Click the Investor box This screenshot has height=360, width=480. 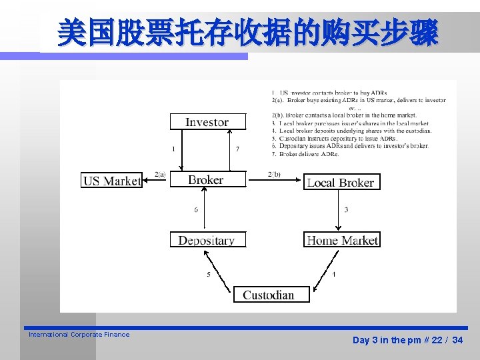click(x=207, y=122)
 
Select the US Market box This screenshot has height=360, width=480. click(x=112, y=181)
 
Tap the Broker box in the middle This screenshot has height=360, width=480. click(x=207, y=180)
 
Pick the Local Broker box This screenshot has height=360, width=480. click(x=341, y=182)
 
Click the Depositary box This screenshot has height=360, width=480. click(x=207, y=240)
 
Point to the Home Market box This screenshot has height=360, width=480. click(x=342, y=240)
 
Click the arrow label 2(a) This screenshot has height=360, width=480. click(x=160, y=173)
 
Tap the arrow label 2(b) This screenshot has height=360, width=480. click(x=274, y=173)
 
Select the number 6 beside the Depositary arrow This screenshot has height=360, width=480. click(x=196, y=209)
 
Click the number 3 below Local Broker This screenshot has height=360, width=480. click(x=346, y=209)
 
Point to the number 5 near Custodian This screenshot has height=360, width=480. click(x=209, y=274)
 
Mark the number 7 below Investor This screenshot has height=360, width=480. click(x=237, y=149)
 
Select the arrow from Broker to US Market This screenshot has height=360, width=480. click(x=156, y=180)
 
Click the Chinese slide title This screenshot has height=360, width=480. click(x=248, y=33)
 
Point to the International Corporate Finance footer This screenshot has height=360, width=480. click(x=79, y=335)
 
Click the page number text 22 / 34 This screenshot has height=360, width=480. click(x=446, y=340)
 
